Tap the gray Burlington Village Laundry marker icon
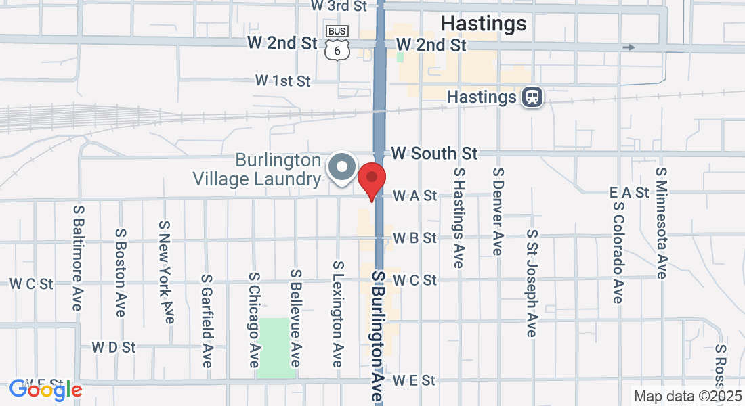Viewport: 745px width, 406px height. pos(342,167)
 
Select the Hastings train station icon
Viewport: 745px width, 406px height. pos(534,97)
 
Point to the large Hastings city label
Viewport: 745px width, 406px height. pos(483,24)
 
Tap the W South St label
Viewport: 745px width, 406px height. pos(434,153)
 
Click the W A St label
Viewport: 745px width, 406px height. pos(415,196)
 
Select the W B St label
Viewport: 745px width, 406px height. pos(415,238)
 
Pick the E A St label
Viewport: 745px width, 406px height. pos(629,193)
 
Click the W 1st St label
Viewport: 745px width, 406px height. pos(282,81)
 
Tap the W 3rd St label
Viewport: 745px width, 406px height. pos(339,5)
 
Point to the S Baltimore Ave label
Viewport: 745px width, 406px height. pos(78,258)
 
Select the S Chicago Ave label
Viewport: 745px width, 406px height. pos(254,320)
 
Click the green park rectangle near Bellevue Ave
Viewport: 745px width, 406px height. pos(276,347)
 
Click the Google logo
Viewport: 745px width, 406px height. pos(45,390)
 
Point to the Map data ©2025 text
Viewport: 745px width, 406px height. pos(687,396)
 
